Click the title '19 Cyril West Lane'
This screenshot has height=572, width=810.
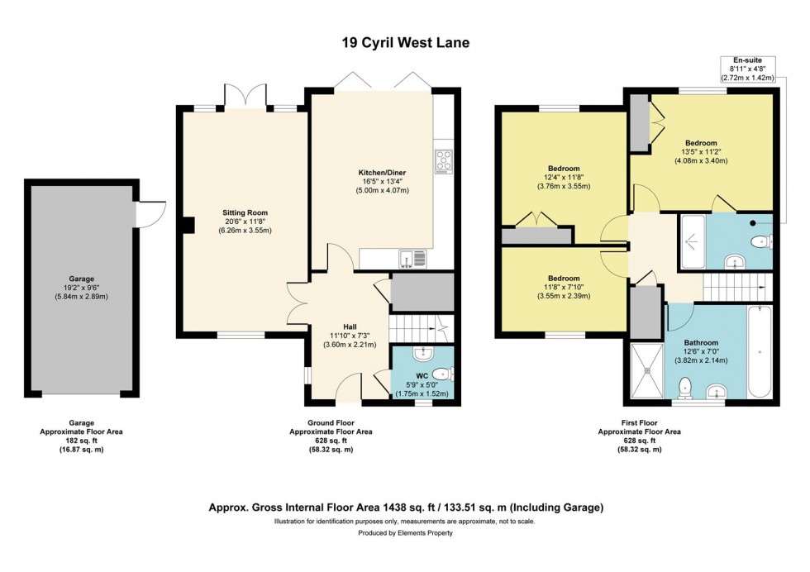tap(405, 42)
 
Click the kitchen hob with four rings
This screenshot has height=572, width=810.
tap(443, 161)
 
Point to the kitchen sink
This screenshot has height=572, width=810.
tap(411, 260)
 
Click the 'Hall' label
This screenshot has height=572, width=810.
tap(349, 326)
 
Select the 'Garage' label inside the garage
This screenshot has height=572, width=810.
tap(81, 279)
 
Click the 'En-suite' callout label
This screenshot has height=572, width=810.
tap(746, 60)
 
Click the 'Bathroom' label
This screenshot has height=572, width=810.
tap(701, 342)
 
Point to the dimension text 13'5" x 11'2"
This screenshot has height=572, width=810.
tap(700, 152)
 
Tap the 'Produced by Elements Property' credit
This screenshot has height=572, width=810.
tap(405, 533)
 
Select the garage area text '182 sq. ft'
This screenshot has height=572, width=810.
tap(81, 441)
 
